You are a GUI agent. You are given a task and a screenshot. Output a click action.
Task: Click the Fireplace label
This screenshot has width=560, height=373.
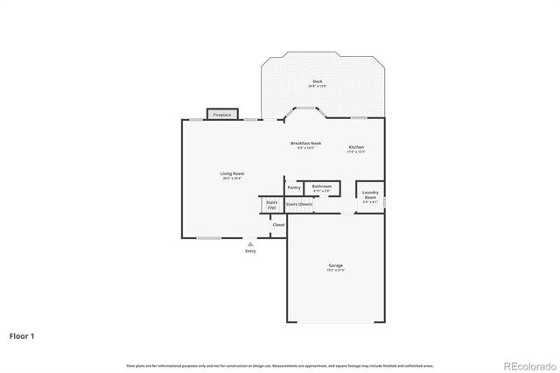(222, 115)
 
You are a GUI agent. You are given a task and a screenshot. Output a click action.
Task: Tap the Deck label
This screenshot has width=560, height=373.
(317, 81)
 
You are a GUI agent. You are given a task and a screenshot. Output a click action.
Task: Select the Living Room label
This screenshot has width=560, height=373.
(232, 173)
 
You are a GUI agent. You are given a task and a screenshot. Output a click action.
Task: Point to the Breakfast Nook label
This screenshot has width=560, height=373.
(305, 143)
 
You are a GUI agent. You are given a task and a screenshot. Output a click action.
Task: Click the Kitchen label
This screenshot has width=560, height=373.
(356, 146)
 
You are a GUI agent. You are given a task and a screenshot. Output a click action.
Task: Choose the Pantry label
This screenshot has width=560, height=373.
(294, 186)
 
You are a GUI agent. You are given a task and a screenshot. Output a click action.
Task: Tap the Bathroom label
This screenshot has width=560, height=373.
(321, 186)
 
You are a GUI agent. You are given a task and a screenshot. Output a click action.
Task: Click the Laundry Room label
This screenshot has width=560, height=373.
(370, 194)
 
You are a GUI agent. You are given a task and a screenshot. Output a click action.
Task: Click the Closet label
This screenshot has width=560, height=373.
(278, 225)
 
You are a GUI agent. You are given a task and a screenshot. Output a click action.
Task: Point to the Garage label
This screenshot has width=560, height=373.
(336, 265)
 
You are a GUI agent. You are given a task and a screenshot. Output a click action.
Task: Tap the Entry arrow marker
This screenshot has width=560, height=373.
(251, 244)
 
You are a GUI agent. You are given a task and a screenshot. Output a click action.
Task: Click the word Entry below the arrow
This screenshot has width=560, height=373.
(251, 252)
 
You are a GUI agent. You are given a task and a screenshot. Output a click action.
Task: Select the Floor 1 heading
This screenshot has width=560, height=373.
(22, 335)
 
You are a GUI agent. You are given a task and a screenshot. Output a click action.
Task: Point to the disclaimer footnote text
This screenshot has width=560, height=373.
(280, 365)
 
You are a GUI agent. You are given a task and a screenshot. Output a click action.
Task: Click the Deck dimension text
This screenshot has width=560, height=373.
(317, 86)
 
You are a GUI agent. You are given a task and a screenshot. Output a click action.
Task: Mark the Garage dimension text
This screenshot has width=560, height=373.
(336, 271)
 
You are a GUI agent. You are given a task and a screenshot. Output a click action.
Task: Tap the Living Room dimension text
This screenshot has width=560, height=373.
(232, 179)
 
